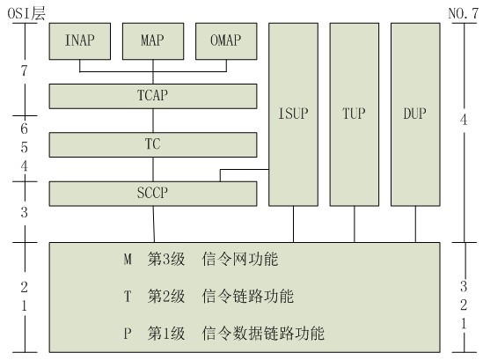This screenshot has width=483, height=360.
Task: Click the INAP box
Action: click(80, 40)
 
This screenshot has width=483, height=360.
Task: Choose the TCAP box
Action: click(153, 95)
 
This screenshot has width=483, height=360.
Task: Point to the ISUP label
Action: click(293, 114)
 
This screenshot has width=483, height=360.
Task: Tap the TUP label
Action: click(355, 114)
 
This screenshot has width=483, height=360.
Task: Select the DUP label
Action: click(415, 114)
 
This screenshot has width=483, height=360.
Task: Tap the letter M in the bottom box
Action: click(128, 261)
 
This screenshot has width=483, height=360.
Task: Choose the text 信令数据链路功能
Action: click(263, 334)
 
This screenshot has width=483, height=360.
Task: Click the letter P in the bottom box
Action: click(128, 334)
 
